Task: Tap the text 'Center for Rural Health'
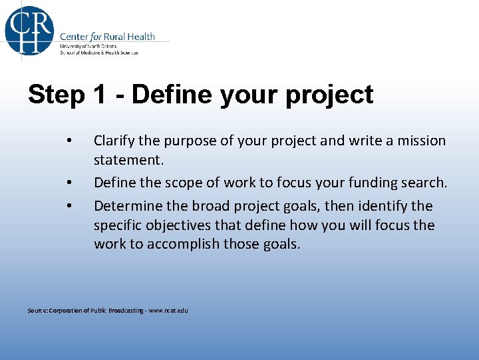[x=107, y=36]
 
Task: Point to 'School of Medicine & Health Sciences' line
[x=99, y=53]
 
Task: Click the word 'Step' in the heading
[x=56, y=95]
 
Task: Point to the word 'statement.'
[x=128, y=161]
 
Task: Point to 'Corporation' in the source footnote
[x=64, y=311]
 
